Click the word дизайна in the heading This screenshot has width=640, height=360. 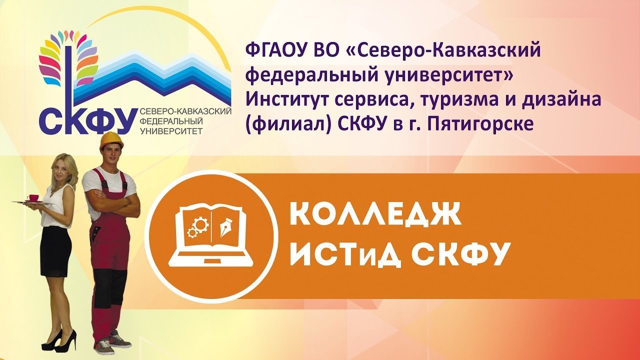coord(561,100)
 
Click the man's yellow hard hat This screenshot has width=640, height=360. coord(111,140)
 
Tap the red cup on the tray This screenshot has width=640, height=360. coord(33,197)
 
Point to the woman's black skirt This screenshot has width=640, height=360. coord(55,253)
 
